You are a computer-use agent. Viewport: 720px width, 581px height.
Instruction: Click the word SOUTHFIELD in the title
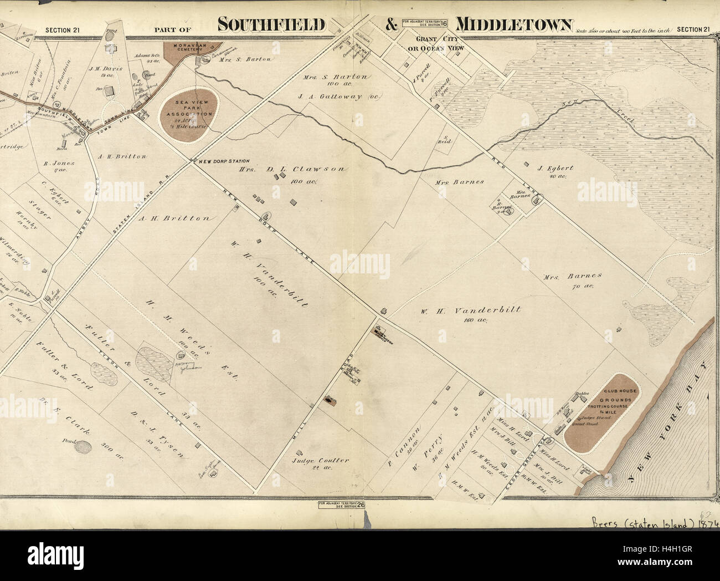pos(271,25)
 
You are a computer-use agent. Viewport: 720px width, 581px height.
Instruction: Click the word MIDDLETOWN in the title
pos(513,25)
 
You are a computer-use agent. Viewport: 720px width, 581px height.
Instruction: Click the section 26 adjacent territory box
pos(341,505)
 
